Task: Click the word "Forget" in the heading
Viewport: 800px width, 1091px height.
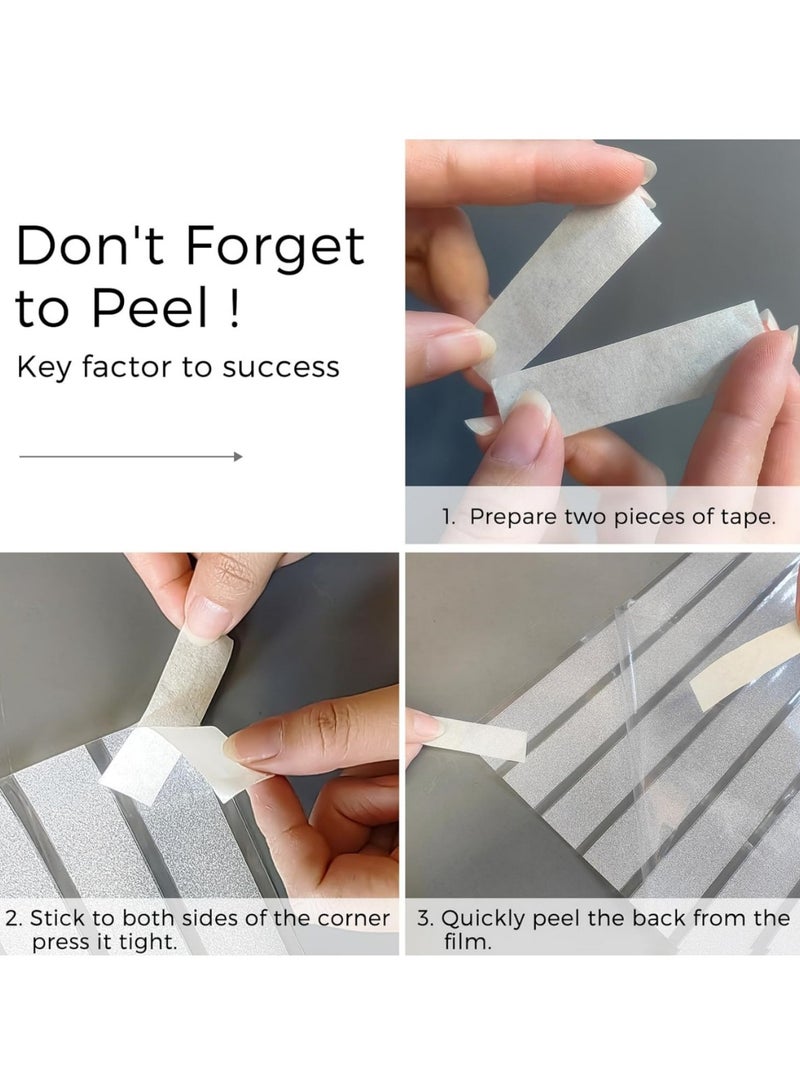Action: click(x=275, y=247)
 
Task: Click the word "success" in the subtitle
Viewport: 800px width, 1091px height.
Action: click(x=280, y=367)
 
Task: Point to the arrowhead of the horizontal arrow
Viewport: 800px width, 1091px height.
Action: click(x=239, y=456)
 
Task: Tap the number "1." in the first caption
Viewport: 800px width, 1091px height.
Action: click(x=449, y=516)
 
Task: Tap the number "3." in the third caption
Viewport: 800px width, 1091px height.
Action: click(x=425, y=918)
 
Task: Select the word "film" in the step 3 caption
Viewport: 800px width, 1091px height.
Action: click(x=464, y=942)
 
